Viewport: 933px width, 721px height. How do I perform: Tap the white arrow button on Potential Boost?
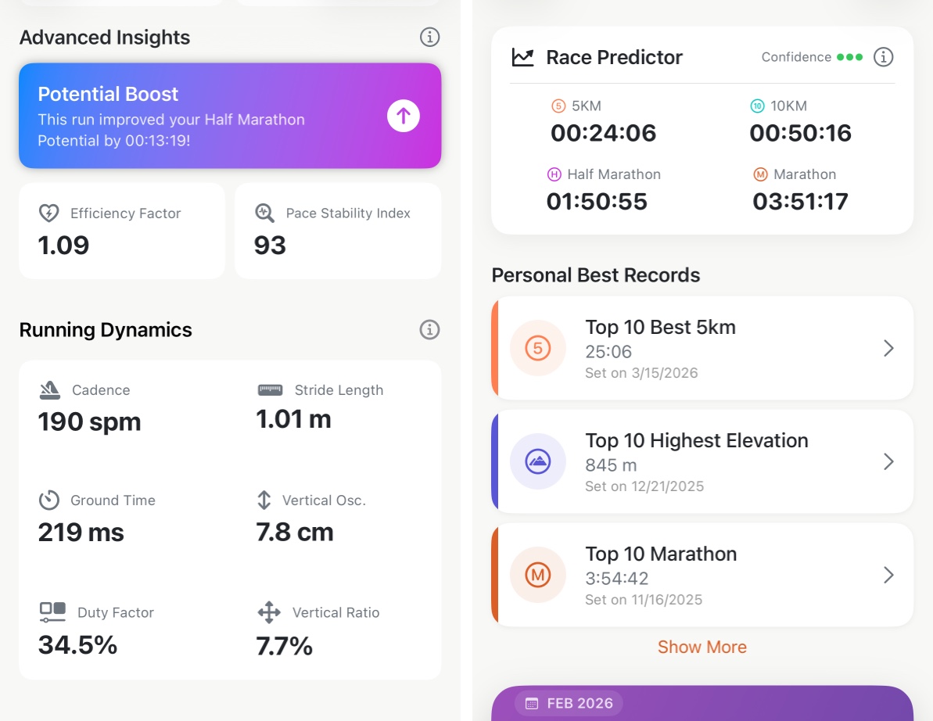pyautogui.click(x=404, y=117)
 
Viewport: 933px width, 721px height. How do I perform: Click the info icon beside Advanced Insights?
pyautogui.click(x=429, y=37)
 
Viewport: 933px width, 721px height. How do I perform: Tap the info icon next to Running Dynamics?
pyautogui.click(x=429, y=329)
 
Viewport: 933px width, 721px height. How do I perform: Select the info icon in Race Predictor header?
pyautogui.click(x=883, y=57)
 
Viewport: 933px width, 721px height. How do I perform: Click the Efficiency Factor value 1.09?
pyautogui.click(x=63, y=246)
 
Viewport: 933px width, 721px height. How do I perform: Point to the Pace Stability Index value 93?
pyautogui.click(x=270, y=246)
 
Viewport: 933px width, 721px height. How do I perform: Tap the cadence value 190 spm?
pyautogui.click(x=89, y=422)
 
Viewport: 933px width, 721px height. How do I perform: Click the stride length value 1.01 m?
pyautogui.click(x=293, y=420)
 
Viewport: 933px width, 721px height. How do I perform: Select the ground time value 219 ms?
pyautogui.click(x=81, y=533)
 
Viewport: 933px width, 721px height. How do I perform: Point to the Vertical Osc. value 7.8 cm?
pyautogui.click(x=295, y=533)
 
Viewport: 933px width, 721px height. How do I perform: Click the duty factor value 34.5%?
pyautogui.click(x=77, y=645)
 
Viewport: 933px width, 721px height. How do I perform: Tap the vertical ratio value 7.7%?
pyautogui.click(x=284, y=646)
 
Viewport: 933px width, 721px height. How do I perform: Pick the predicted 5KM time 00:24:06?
pyautogui.click(x=603, y=133)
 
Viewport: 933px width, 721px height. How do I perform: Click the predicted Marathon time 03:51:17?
pyautogui.click(x=800, y=202)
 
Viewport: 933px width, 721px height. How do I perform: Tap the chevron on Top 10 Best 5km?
pyautogui.click(x=888, y=349)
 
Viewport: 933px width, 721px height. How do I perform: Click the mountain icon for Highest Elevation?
pyautogui.click(x=537, y=461)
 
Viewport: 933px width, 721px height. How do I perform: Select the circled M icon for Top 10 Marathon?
pyautogui.click(x=537, y=575)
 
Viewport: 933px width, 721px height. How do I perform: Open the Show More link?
pyautogui.click(x=702, y=647)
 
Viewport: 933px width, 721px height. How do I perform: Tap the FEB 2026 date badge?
pyautogui.click(x=569, y=703)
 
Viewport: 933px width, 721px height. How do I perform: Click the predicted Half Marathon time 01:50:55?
pyautogui.click(x=597, y=202)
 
